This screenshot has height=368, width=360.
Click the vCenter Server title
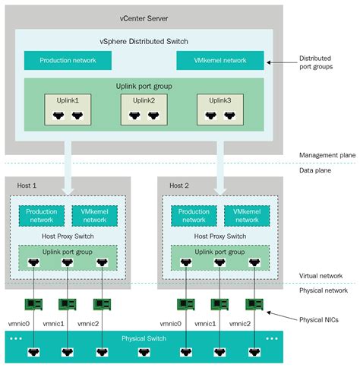144,17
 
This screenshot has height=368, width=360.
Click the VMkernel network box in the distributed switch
220,60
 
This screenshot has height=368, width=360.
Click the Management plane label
326,155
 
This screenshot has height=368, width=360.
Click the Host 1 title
27,186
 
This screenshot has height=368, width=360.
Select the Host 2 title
179,186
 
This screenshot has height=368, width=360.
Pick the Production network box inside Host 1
42,215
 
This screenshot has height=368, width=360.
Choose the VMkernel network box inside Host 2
248,215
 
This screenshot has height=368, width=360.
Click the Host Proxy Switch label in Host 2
220,236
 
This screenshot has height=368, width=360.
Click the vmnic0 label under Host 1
19,323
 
